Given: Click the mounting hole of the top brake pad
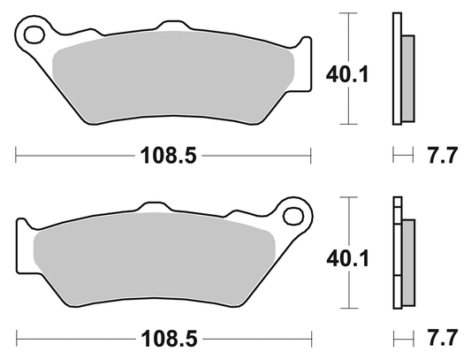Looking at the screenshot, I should tap(36, 36).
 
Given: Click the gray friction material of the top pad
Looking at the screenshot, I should tap(168, 80).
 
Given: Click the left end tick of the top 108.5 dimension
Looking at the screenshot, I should tap(17, 155).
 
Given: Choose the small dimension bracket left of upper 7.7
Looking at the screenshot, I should tap(403, 155).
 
